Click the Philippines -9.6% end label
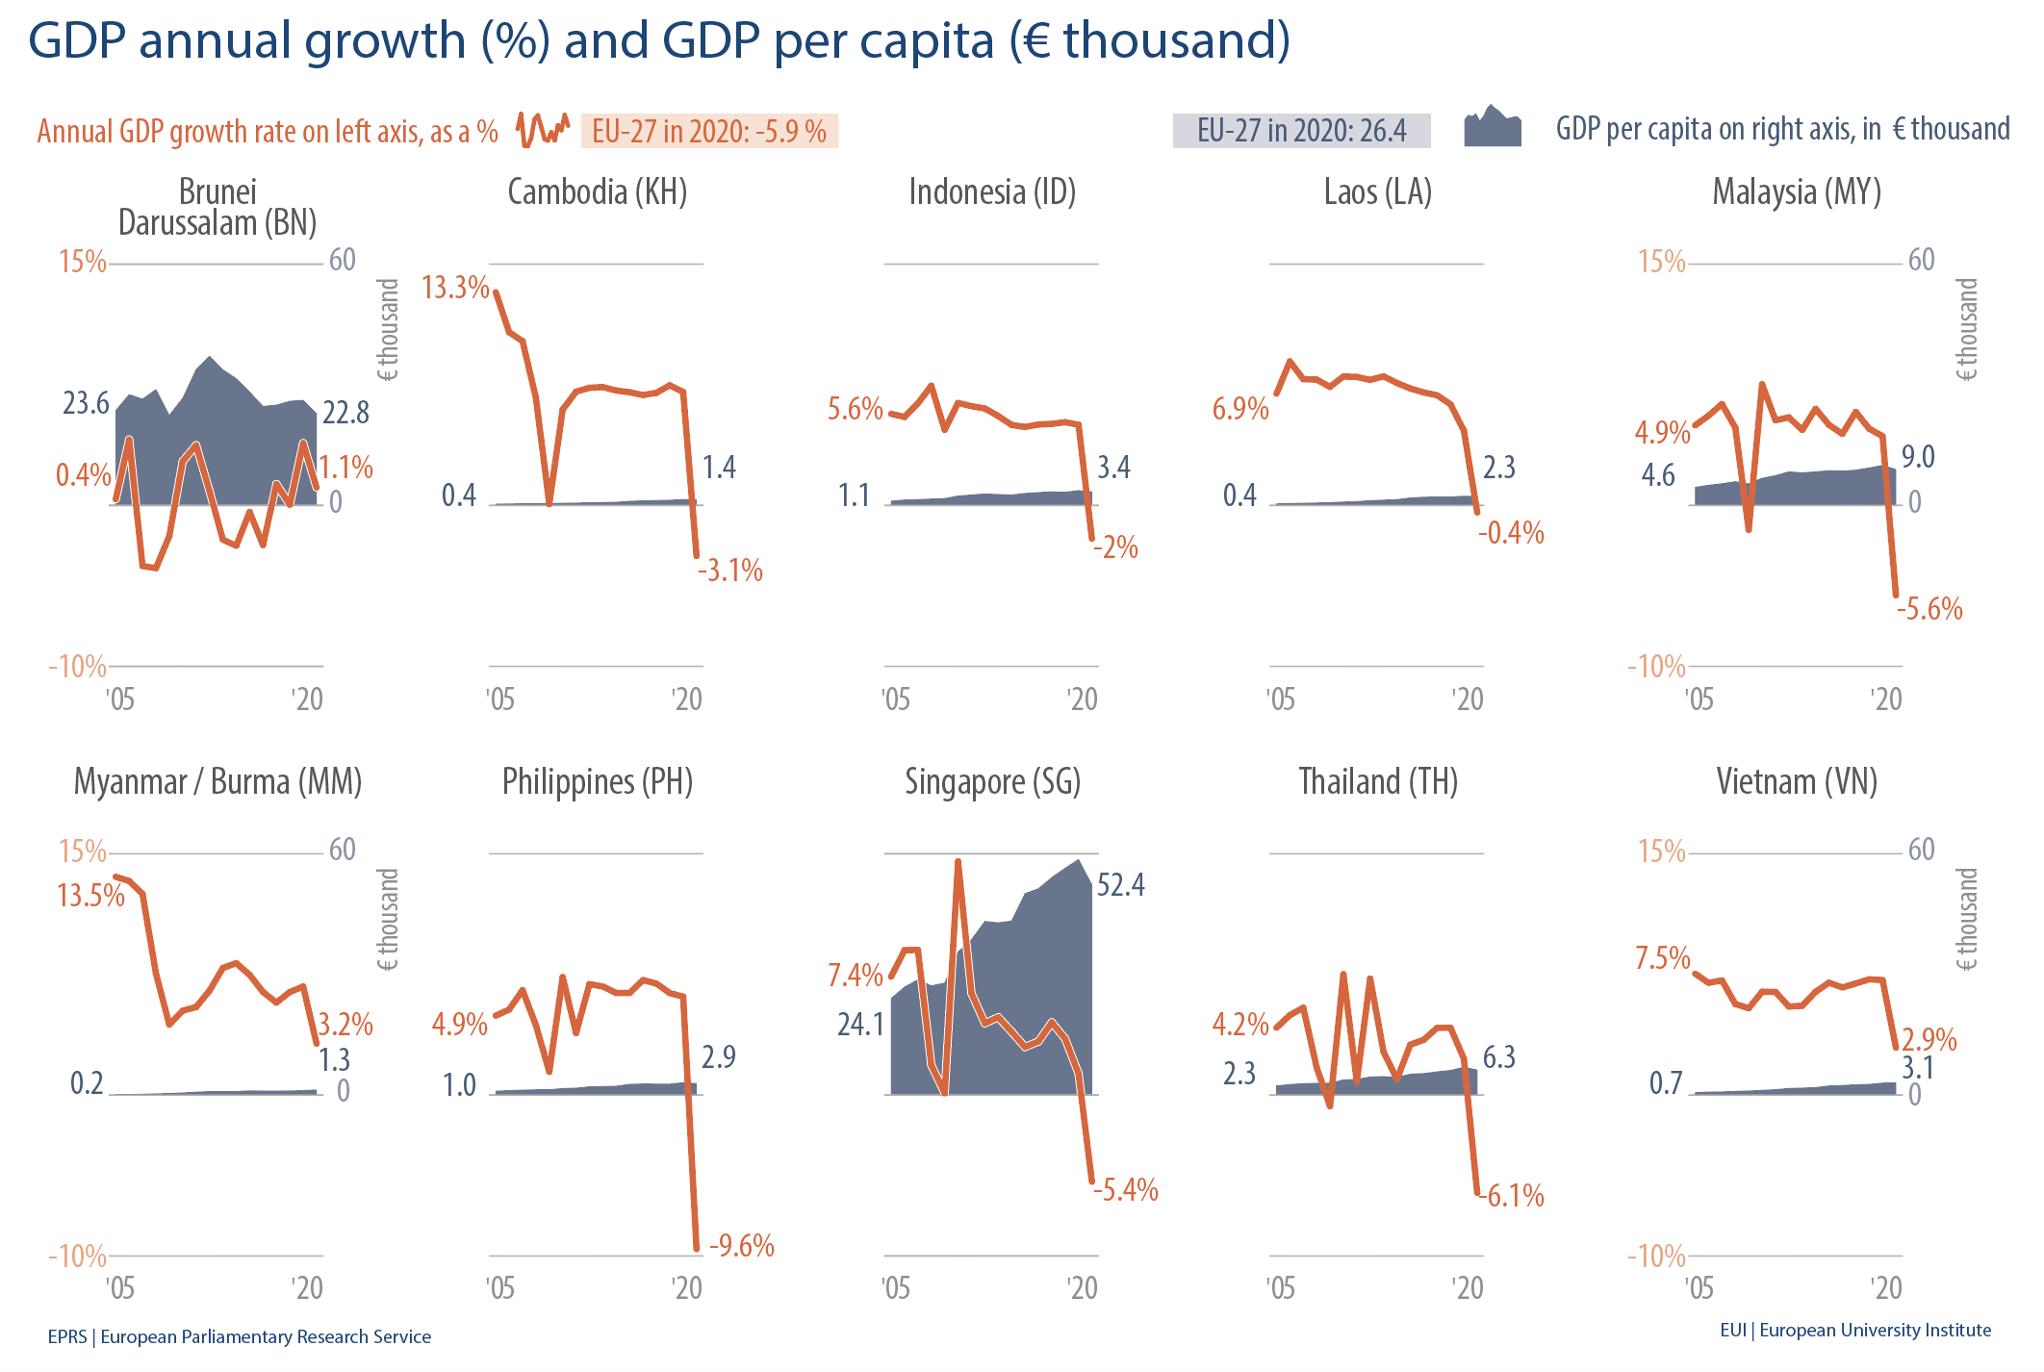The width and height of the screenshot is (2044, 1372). click(x=741, y=1246)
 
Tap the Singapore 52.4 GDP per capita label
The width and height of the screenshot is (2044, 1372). click(x=1120, y=885)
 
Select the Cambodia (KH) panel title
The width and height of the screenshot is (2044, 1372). click(x=597, y=192)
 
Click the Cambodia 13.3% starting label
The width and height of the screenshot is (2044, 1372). click(x=455, y=288)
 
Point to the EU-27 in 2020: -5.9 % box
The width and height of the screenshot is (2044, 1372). click(x=709, y=131)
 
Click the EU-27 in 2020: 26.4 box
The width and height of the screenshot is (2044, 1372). click(x=1301, y=131)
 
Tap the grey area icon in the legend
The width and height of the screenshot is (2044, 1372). click(x=1492, y=126)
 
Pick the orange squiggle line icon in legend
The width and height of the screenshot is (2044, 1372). click(x=543, y=129)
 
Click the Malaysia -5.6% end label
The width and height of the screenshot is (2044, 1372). click(x=1929, y=609)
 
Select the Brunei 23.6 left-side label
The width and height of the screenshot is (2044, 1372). click(x=87, y=403)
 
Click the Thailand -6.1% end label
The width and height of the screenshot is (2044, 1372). click(x=1514, y=1196)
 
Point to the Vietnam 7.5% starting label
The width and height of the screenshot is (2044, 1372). click(x=1662, y=958)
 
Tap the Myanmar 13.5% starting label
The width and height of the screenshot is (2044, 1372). click(x=91, y=896)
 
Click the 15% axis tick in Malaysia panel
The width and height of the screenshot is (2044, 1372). click(x=1662, y=262)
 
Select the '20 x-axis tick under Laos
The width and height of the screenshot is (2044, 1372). click(x=1467, y=699)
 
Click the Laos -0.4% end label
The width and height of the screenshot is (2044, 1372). click(x=1511, y=533)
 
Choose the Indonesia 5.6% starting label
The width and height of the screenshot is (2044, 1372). click(x=855, y=409)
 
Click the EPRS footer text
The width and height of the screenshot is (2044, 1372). click(x=239, y=1336)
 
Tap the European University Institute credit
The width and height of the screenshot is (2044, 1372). click(x=1854, y=1330)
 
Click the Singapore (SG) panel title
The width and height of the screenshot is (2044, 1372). click(x=992, y=782)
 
